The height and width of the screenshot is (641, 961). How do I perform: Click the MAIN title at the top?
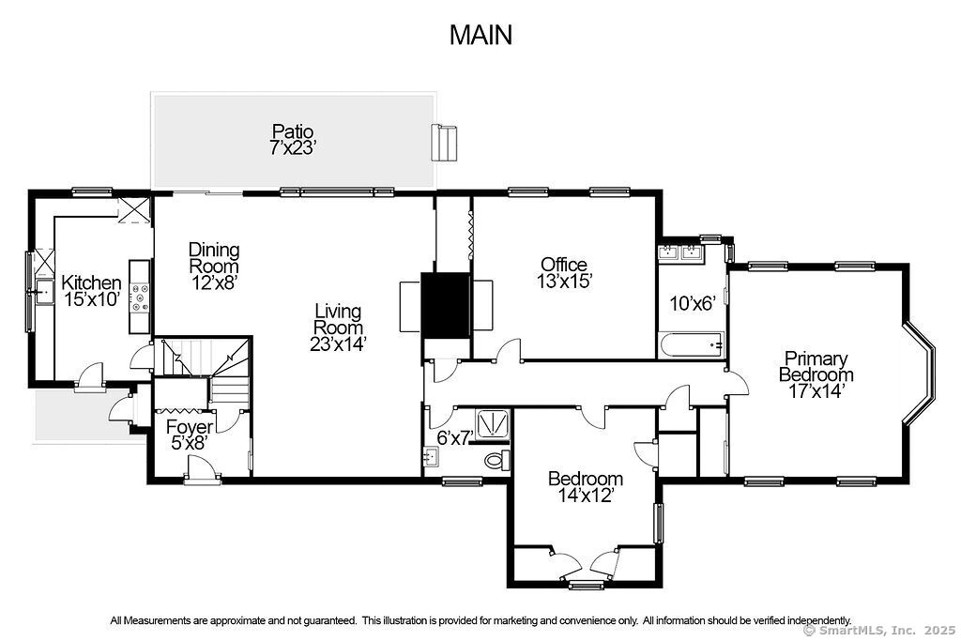click(480, 35)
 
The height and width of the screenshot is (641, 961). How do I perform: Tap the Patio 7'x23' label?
click(293, 139)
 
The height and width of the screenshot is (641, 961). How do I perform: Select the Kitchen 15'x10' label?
click(91, 291)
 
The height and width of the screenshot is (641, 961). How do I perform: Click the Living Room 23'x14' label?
click(338, 328)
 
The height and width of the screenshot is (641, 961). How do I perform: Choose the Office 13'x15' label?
click(564, 273)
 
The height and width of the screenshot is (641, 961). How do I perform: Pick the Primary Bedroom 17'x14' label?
click(816, 374)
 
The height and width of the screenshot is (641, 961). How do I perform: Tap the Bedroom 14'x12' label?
click(586, 486)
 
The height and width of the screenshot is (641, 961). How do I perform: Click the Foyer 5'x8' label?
click(190, 435)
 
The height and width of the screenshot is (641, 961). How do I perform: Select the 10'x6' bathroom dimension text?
click(693, 303)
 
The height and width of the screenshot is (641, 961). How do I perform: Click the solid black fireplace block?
click(446, 305)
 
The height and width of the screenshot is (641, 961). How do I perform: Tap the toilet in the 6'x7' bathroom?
click(496, 459)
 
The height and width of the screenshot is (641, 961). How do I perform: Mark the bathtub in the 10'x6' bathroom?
click(692, 345)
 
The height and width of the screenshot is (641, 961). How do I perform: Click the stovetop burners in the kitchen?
click(141, 298)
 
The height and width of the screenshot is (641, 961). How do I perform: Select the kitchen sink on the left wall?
click(45, 292)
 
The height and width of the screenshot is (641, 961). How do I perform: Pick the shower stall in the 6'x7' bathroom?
click(491, 424)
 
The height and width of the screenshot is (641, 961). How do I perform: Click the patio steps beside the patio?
click(445, 143)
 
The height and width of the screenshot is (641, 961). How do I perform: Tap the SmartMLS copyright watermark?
click(878, 630)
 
